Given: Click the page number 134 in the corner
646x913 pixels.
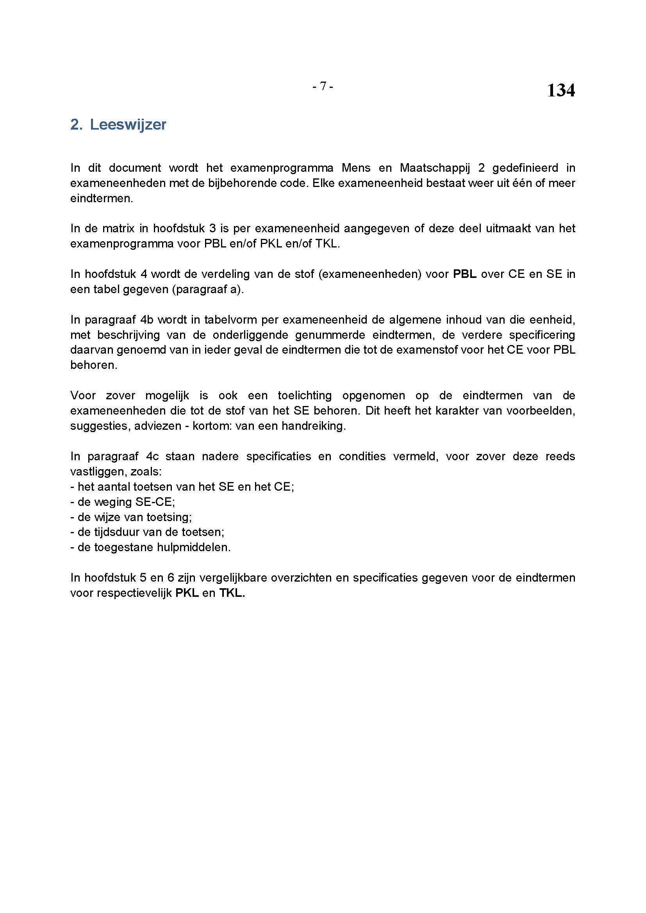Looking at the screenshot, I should pos(560,90).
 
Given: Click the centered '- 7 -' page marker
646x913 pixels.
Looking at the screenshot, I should pos(323,86).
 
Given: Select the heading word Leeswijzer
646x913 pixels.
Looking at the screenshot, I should pos(128,125).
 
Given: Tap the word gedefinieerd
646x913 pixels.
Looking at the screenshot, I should pos(525,168).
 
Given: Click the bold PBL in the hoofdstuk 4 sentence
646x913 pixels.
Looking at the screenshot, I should pos(465,274).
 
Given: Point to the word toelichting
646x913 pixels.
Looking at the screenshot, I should pos(305,395).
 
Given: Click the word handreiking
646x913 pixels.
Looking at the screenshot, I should pos(314,426).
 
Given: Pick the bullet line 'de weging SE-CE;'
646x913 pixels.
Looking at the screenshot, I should pos(123,502).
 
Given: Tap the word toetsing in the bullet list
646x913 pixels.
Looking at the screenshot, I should pos(169,517).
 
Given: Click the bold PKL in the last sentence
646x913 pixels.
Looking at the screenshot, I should pos(187,593).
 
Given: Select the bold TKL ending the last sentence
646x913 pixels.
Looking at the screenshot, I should pos(232,593).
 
